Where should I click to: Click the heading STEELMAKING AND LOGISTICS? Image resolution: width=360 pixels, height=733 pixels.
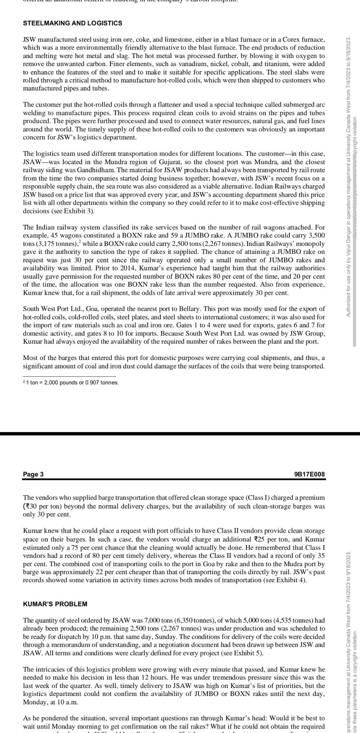[73, 23]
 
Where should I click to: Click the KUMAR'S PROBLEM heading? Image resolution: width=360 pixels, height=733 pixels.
[55, 604]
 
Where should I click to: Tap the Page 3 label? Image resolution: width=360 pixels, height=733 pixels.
[33, 474]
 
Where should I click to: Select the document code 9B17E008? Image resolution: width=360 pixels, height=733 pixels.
[310, 474]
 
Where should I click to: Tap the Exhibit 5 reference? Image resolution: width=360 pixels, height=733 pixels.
[248, 653]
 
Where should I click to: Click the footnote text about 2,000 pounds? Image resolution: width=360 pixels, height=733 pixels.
[72, 383]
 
